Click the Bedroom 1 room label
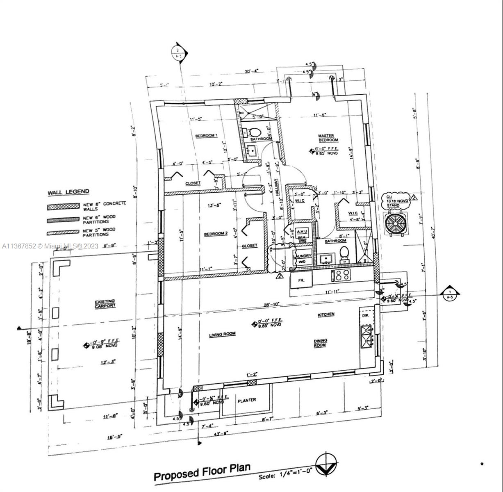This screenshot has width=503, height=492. tap(206, 136)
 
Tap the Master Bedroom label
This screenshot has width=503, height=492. tap(326, 138)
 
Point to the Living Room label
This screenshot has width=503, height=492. tap(222, 335)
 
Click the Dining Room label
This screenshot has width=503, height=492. tap(320, 343)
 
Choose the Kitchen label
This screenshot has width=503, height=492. tap(326, 314)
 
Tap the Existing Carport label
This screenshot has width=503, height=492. tap(105, 303)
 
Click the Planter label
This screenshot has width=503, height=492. tap(246, 400)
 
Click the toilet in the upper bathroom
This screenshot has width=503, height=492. tap(255, 132)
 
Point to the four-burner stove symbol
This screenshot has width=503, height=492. tap(343, 275)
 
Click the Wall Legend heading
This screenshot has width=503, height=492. tap(68, 192)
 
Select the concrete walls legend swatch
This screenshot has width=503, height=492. tap(63, 206)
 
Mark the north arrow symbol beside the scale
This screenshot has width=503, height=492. tap(327, 464)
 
